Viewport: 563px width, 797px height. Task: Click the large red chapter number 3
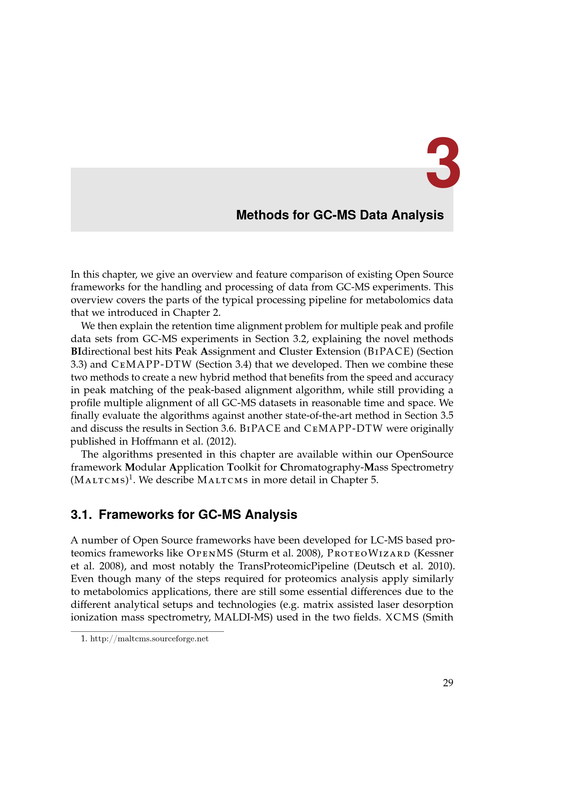click(x=443, y=163)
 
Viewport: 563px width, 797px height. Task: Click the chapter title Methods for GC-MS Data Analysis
click(x=339, y=215)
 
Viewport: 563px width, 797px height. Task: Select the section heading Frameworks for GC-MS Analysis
click(x=184, y=515)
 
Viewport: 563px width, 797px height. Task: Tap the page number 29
click(x=448, y=683)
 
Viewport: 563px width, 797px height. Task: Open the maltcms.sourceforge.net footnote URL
click(x=149, y=639)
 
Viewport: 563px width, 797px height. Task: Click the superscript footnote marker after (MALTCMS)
click(x=131, y=477)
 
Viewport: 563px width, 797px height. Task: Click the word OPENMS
click(x=210, y=553)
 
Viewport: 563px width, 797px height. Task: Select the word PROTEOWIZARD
click(x=369, y=553)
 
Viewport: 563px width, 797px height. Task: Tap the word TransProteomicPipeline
click(x=293, y=566)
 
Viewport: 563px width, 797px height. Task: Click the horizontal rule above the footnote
click(x=147, y=631)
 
